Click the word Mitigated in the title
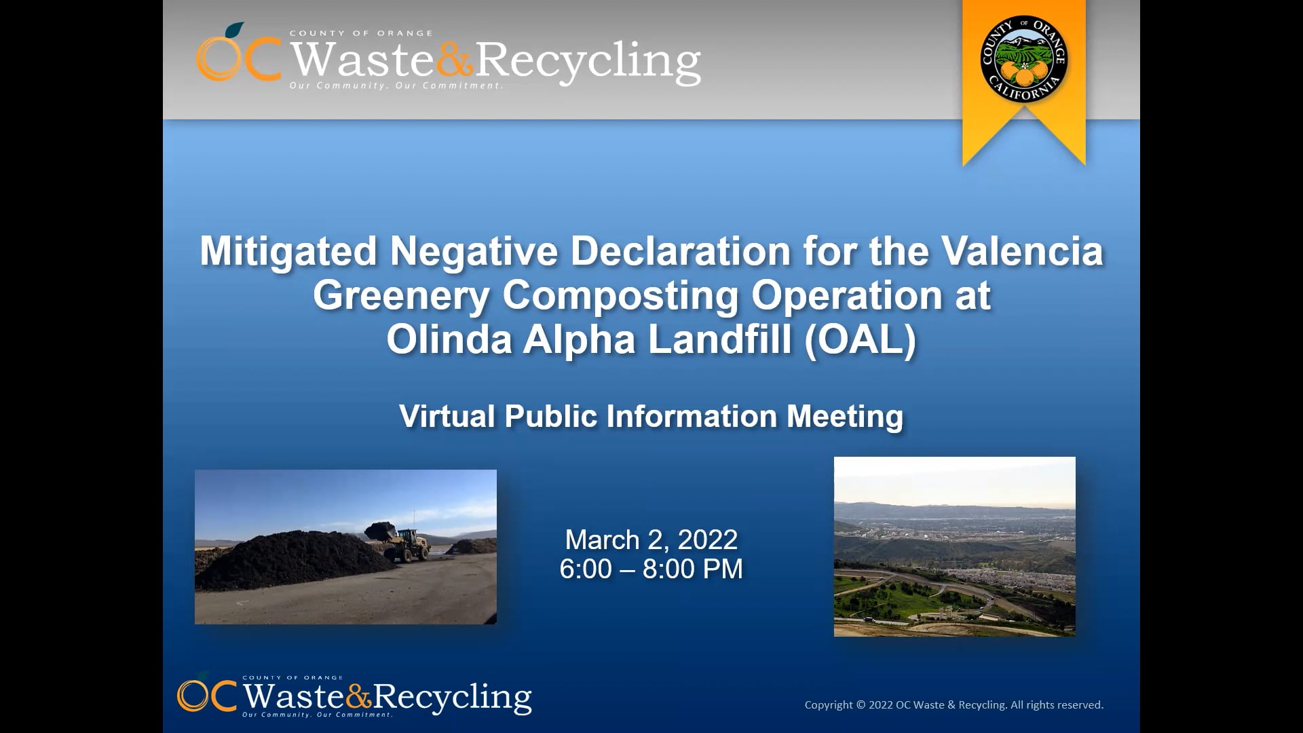pos(288,251)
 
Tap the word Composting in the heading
pos(620,296)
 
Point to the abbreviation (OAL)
pos(860,339)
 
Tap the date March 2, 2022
pos(651,540)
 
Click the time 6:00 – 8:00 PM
pos(651,569)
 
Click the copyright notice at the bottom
pos(953,705)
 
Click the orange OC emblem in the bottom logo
pos(206,695)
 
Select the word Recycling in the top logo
pos(588,61)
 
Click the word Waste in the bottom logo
pos(293,696)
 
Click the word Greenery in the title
pos(400,296)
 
